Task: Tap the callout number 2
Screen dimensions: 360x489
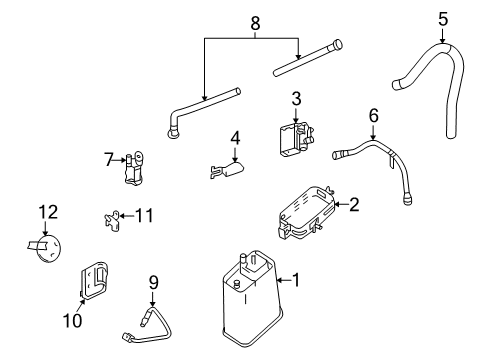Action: pyautogui.click(x=353, y=204)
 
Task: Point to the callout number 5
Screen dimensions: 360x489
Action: pyautogui.click(x=441, y=18)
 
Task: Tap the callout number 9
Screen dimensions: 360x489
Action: pyautogui.click(x=154, y=283)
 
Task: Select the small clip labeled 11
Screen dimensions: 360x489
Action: pyautogui.click(x=113, y=218)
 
